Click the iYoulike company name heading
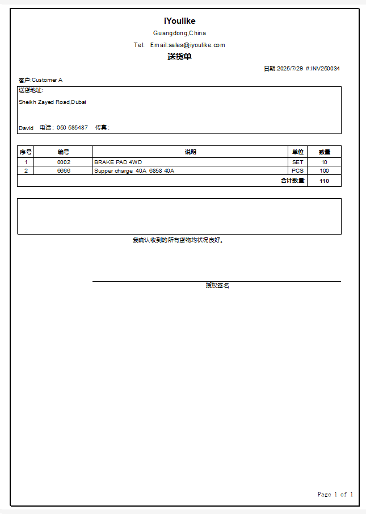pos(179,21)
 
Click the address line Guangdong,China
pos(179,34)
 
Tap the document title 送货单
pos(179,57)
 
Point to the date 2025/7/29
pos(289,69)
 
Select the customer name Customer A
pos(47,80)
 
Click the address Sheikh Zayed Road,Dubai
pos(52,102)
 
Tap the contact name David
pos(26,128)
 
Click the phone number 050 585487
pos(72,128)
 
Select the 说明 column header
pos(190,152)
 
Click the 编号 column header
pos(64,152)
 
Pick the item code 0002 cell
pos(64,162)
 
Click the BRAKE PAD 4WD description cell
pos(118,162)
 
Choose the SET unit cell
pos(298,162)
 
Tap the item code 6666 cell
pos(64,171)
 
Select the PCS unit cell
pos(298,171)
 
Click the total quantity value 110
pos(324,181)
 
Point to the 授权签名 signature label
pos(217,286)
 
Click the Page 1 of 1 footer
pos(335,495)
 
